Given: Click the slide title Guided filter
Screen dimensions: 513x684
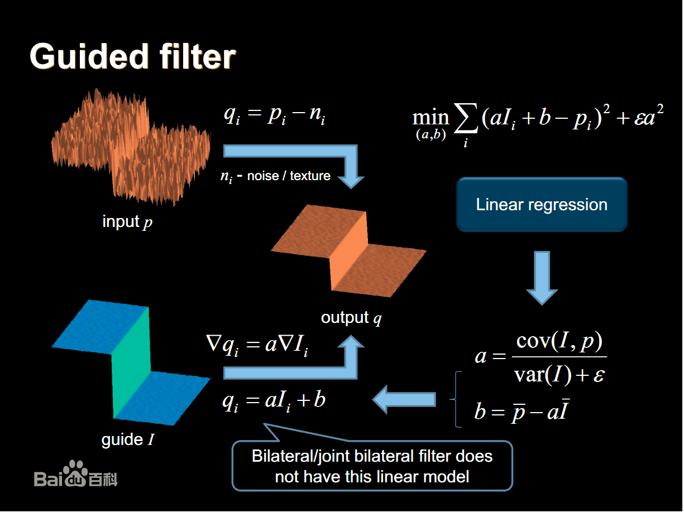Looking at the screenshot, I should [x=132, y=56].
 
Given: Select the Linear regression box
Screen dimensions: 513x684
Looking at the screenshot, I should [x=542, y=205].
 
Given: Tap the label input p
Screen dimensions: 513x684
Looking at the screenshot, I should [x=127, y=222].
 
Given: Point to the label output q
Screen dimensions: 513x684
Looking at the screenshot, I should [x=351, y=318].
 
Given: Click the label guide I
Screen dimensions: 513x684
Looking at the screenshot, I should [x=128, y=439].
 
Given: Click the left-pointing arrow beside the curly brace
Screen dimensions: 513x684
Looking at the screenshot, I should [x=404, y=399].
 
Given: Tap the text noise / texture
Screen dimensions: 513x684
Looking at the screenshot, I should [x=289, y=176].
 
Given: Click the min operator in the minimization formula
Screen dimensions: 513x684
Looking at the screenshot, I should [x=431, y=118].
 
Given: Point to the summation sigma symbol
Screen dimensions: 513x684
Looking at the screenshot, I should [x=466, y=120].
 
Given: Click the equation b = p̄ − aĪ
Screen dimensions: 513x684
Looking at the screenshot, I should [x=522, y=412].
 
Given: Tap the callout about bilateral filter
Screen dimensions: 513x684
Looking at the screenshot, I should [x=372, y=466].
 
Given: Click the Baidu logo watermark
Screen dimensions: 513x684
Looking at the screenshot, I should [x=76, y=475].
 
